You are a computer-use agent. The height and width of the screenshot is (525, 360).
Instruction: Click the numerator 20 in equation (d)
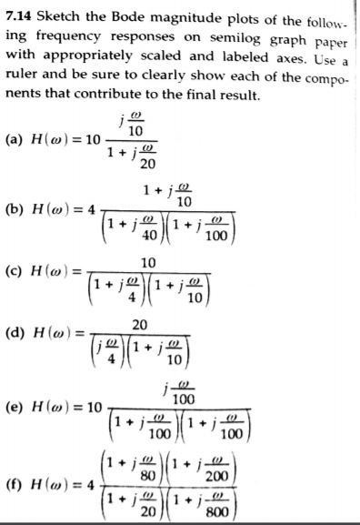coord(139,327)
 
